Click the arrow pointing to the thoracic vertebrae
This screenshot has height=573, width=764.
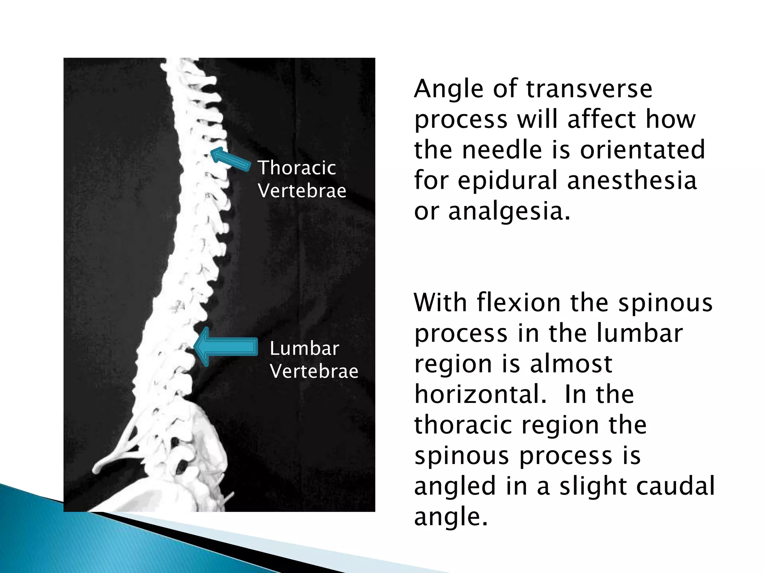(230, 159)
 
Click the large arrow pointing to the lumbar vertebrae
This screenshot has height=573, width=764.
(226, 347)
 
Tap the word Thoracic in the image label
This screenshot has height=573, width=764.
(297, 167)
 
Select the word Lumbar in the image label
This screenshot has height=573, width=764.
(304, 348)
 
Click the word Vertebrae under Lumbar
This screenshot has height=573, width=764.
(314, 371)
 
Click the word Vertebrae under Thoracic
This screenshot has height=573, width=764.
(302, 191)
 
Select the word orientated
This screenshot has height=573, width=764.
(642, 150)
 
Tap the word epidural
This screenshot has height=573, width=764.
(508, 181)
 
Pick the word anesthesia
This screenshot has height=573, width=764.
(632, 181)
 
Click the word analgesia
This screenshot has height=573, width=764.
(509, 211)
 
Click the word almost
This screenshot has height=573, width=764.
(571, 364)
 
